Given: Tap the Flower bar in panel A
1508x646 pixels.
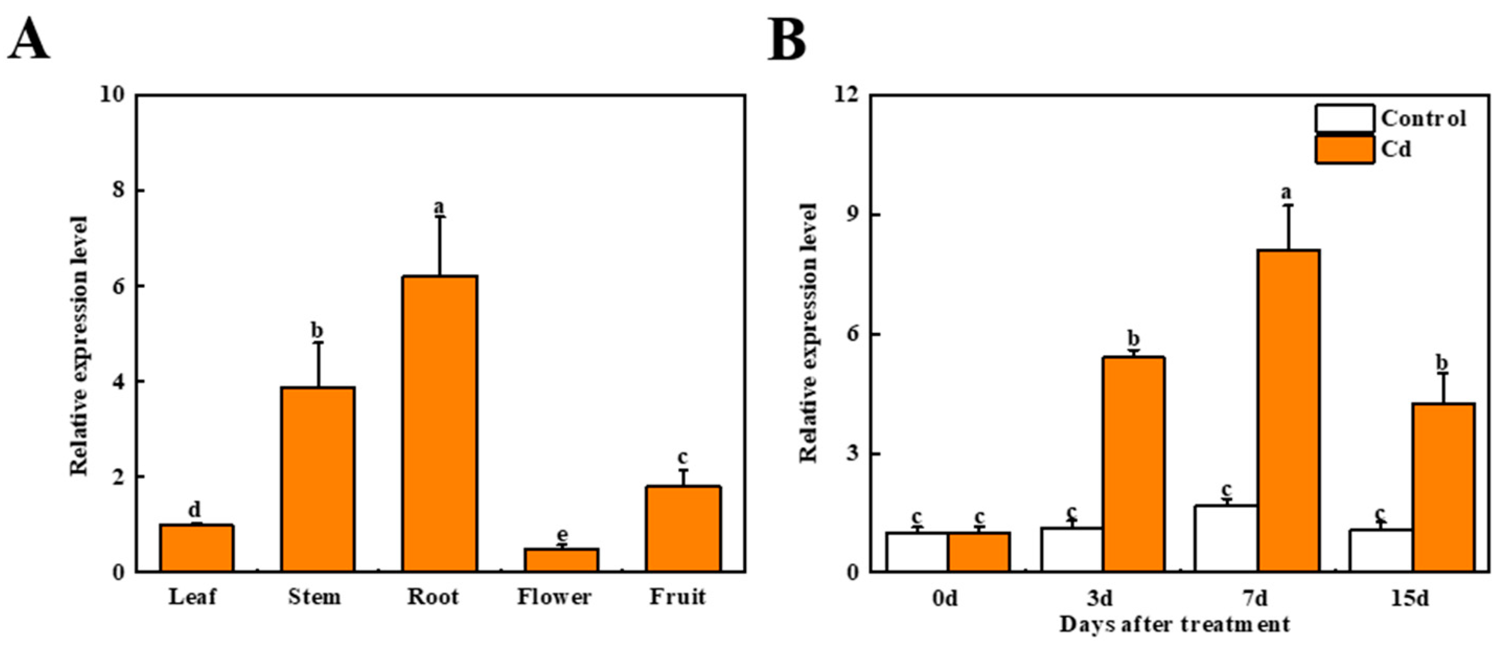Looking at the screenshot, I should pyautogui.click(x=561, y=559).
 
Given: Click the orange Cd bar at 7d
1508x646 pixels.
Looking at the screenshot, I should pyautogui.click(x=1289, y=410).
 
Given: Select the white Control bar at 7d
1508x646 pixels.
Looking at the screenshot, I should pyautogui.click(x=1226, y=538).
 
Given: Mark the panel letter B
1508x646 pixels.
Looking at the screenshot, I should pyautogui.click(x=787, y=40).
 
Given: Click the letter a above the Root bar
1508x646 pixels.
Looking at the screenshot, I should pyautogui.click(x=439, y=206).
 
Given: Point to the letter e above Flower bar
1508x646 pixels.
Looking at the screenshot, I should pyautogui.click(x=562, y=534).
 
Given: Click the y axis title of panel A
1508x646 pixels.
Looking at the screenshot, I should pyautogui.click(x=79, y=345).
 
